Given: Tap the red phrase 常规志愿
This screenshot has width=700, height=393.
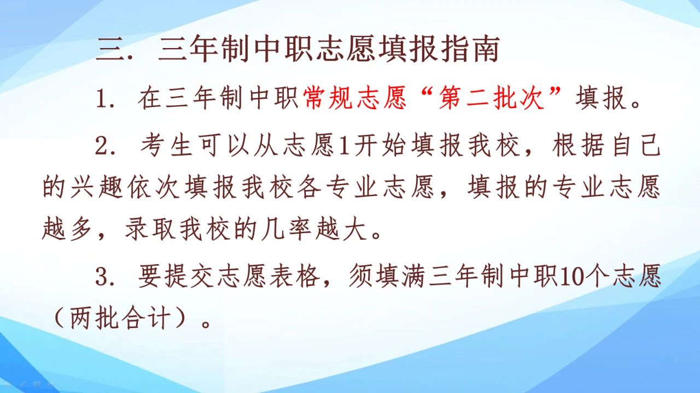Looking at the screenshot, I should click(355, 100).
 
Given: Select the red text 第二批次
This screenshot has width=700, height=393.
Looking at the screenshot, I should click(492, 100).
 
